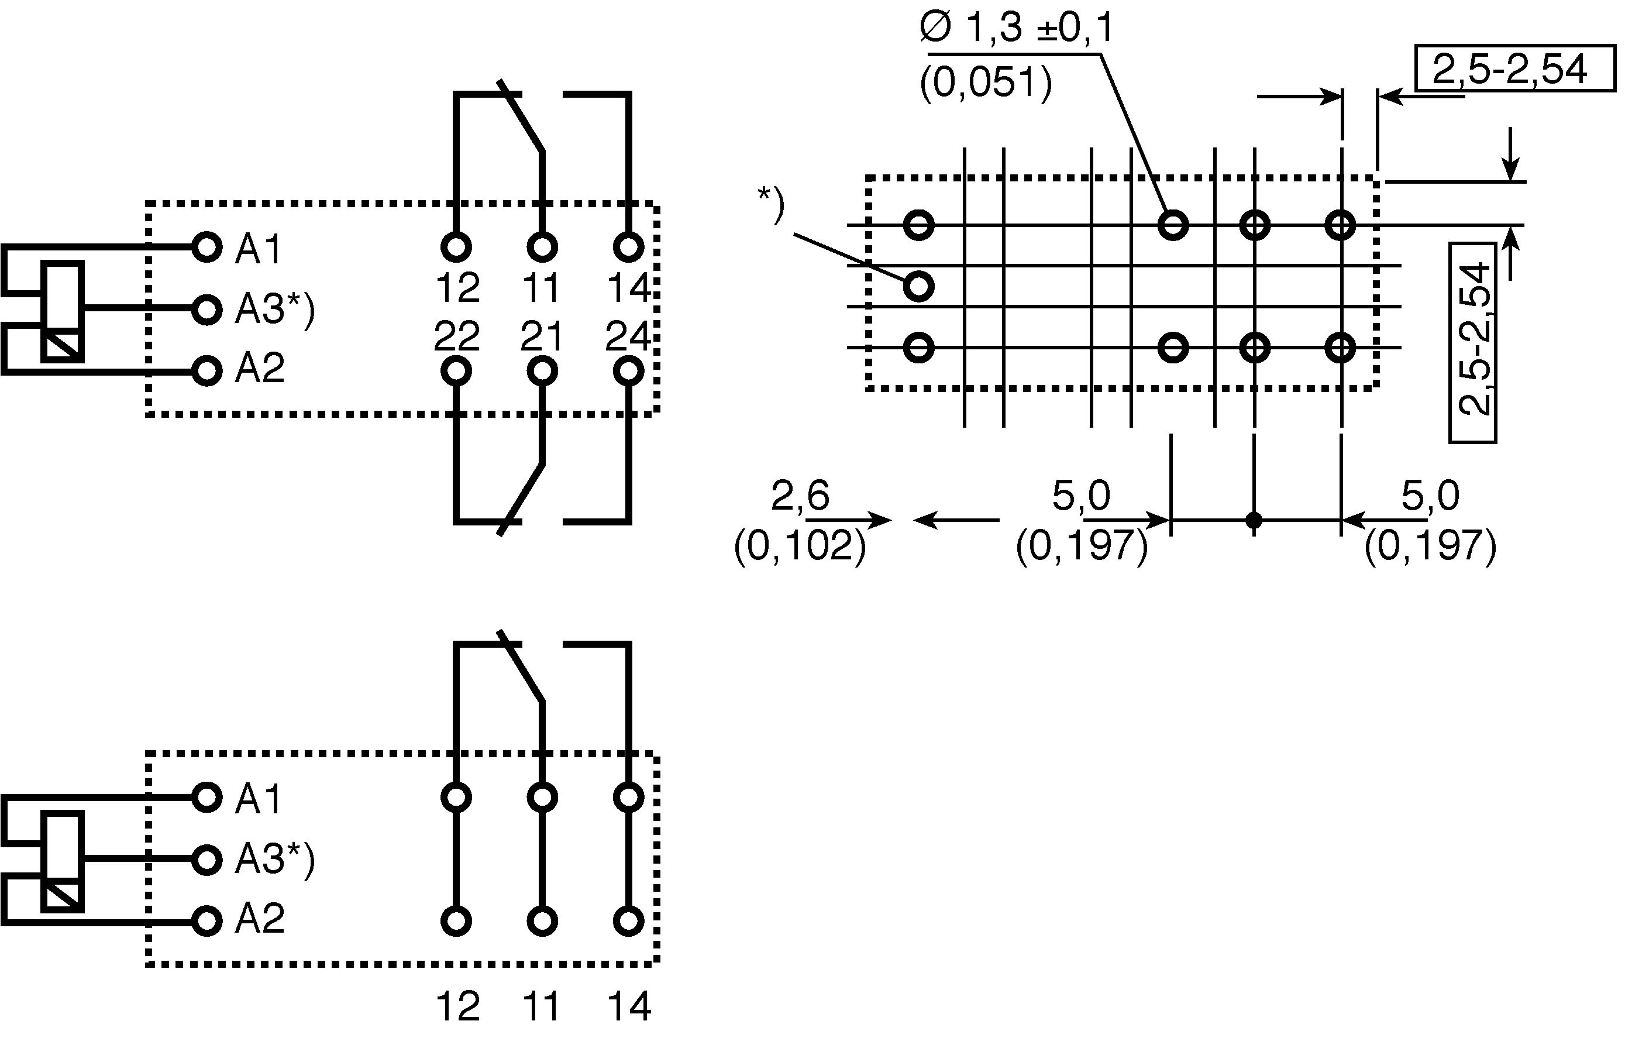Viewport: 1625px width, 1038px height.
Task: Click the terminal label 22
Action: pyautogui.click(x=457, y=335)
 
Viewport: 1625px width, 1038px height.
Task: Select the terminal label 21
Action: pyautogui.click(x=542, y=335)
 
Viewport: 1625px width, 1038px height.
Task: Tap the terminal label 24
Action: pyautogui.click(x=628, y=335)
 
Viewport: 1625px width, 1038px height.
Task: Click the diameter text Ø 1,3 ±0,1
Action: pyautogui.click(x=1015, y=29)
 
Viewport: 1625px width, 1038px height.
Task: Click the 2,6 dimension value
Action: pyautogui.click(x=800, y=497)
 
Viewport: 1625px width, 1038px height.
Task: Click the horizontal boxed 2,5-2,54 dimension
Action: pyautogui.click(x=1511, y=68)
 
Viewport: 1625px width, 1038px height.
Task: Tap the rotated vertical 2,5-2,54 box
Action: pyautogui.click(x=1473, y=343)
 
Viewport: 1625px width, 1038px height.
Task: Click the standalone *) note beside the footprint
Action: pyautogui.click(x=770, y=204)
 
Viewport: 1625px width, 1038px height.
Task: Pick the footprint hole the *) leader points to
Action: pyautogui.click(x=918, y=286)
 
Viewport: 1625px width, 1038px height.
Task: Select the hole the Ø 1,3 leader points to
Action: pyautogui.click(x=1173, y=225)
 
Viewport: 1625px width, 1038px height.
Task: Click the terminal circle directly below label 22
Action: pyautogui.click(x=456, y=371)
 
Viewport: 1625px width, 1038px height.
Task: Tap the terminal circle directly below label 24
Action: pyautogui.click(x=628, y=371)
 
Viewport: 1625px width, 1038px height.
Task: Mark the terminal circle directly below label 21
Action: pyautogui.click(x=542, y=371)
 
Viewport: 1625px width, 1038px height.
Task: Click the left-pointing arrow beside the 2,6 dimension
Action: pyautogui.click(x=956, y=520)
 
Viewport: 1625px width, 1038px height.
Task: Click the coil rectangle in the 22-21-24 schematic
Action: pyautogui.click(x=63, y=312)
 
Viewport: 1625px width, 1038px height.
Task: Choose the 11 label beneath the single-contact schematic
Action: pyautogui.click(x=542, y=1007)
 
